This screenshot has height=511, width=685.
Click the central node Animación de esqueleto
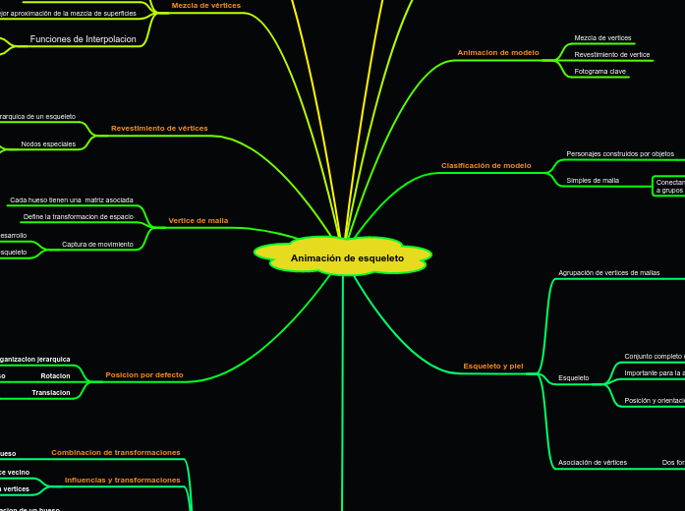click(347, 257)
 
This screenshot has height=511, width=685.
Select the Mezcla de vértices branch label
click(205, 5)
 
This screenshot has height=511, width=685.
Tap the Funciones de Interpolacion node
click(84, 39)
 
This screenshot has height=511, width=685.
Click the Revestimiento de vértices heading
click(159, 129)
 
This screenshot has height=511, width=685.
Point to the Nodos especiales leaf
click(48, 144)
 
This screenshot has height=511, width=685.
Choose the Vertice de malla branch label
click(198, 221)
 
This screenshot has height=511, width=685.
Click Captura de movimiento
click(97, 244)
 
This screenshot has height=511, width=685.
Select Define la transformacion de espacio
click(79, 216)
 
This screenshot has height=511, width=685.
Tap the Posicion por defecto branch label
click(144, 375)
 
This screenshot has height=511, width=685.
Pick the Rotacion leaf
click(55, 375)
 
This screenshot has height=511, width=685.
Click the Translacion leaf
click(51, 392)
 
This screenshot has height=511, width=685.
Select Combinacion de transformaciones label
click(116, 453)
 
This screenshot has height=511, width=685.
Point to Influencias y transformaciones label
click(123, 481)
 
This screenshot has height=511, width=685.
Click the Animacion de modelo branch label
click(498, 52)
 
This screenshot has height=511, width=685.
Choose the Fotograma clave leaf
click(600, 72)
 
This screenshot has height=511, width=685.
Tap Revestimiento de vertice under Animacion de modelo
click(612, 55)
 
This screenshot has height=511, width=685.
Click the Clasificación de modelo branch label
click(486, 166)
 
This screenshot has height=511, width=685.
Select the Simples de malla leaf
click(593, 181)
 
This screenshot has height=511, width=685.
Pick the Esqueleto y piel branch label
click(493, 367)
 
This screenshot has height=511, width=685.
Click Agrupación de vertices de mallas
click(609, 272)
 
